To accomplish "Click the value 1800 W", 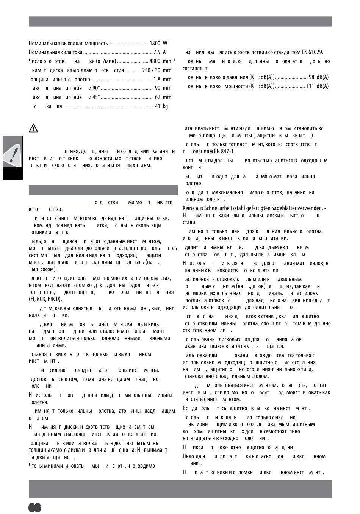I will pos(158,44).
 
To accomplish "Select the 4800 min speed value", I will pos(162,61).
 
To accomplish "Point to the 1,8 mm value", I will pos(162,80).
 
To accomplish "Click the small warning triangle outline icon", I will pos(33,128).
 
